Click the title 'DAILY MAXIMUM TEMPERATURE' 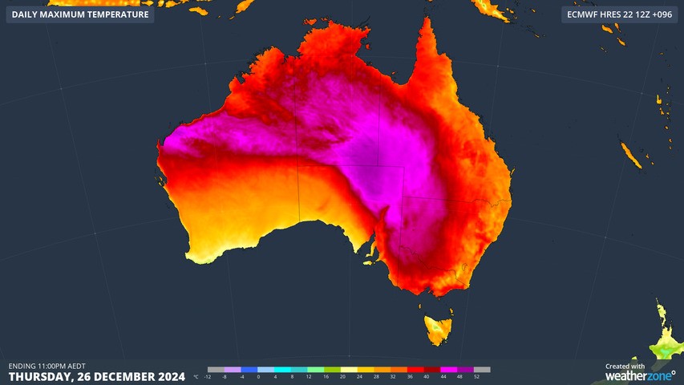point(80,14)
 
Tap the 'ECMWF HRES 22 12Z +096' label point(618,14)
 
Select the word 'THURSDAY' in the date point(41,376)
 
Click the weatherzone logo point(639,375)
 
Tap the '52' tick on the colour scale point(476,376)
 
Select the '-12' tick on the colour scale point(208,376)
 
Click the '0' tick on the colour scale point(258,376)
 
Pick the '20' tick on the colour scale point(342,376)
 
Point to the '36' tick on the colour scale point(410,376)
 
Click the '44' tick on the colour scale point(443,376)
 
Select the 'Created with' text point(625,366)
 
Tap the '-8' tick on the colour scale point(225,376)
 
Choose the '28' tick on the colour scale point(376,376)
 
